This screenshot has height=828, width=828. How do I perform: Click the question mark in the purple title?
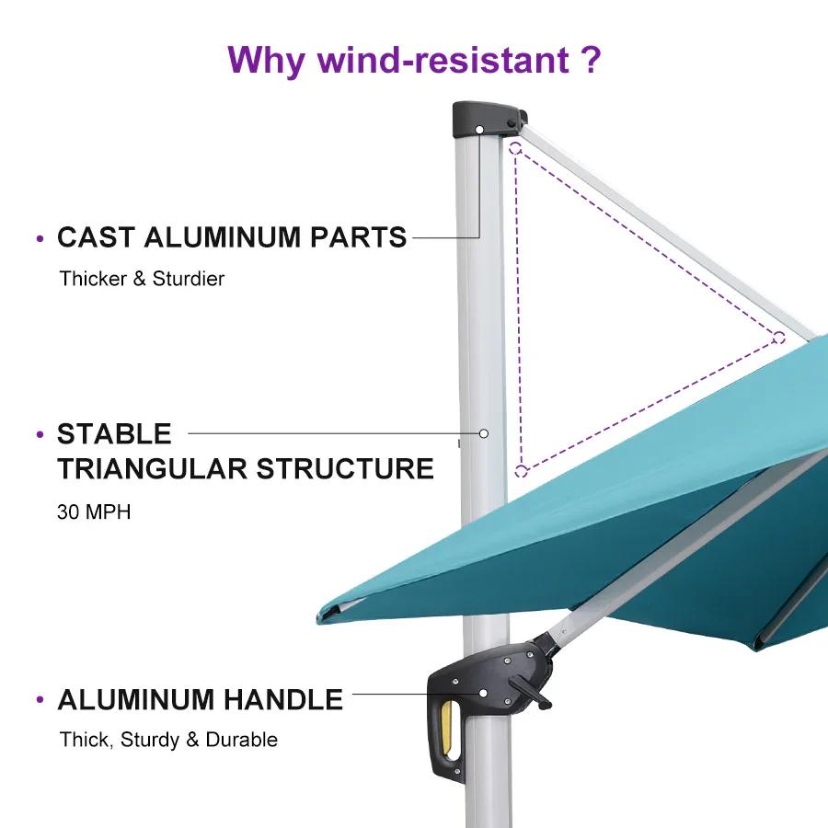(x=591, y=60)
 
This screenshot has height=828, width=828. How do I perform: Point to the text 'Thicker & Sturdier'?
(x=142, y=278)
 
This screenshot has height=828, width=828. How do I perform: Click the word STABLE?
(x=114, y=433)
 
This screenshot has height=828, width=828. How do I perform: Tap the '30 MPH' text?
(x=94, y=512)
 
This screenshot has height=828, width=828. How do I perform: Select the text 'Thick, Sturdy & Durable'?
(x=168, y=740)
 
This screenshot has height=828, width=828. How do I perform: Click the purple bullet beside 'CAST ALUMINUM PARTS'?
(x=40, y=239)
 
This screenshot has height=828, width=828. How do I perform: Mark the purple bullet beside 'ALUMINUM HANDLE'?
(x=40, y=701)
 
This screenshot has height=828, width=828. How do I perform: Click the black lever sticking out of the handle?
(x=532, y=692)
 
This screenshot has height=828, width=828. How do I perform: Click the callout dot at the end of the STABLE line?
(x=484, y=432)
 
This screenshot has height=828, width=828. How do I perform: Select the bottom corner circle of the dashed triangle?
(x=521, y=471)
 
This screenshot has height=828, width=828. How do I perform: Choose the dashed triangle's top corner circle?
(x=515, y=147)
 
